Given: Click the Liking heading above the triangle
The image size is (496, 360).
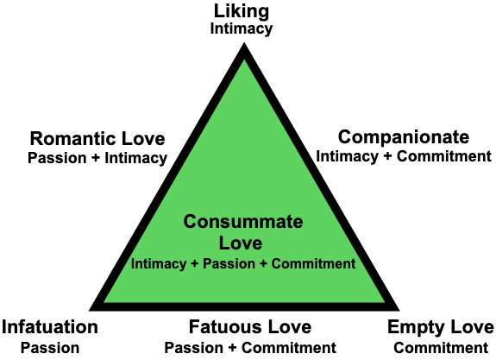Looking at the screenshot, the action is [x=242, y=12].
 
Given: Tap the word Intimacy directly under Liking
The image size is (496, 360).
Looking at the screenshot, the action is [x=242, y=29].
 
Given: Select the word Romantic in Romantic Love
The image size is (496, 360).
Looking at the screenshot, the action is [x=73, y=139].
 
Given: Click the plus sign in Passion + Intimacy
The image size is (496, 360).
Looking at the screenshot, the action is [x=95, y=158].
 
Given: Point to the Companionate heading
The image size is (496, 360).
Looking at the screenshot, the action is [x=404, y=138].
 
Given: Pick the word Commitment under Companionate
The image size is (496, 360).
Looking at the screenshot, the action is [x=444, y=156].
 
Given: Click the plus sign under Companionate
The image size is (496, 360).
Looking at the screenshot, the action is [x=387, y=157].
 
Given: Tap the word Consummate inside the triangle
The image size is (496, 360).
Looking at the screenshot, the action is [x=243, y=221].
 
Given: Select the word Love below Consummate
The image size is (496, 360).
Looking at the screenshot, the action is [x=241, y=243].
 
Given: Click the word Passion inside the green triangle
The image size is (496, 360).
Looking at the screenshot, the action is [x=229, y=264].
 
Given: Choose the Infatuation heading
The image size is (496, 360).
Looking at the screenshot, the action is [x=50, y=326].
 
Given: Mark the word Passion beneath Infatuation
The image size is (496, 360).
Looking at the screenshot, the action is [x=50, y=348].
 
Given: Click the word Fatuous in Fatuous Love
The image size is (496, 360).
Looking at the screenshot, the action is [x=225, y=326].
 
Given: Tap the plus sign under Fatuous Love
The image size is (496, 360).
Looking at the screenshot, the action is [x=232, y=348].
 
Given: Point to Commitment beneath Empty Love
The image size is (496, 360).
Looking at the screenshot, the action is [x=441, y=348].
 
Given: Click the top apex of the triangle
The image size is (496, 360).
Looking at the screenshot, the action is [x=244, y=43].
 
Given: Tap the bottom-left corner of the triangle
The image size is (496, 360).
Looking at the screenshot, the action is [x=89, y=310].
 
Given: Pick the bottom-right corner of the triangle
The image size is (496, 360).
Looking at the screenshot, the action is [x=399, y=310].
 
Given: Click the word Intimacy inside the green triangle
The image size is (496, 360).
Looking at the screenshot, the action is [x=159, y=264].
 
